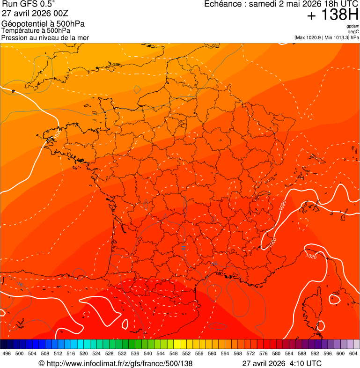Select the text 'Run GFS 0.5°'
point(28,4)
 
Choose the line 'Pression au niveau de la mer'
point(45,37)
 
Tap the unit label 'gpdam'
point(353,27)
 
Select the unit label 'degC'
point(353,32)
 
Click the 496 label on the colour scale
point(7,353)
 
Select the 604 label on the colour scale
point(353,353)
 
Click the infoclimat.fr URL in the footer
point(119,363)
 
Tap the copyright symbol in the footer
point(41,363)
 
